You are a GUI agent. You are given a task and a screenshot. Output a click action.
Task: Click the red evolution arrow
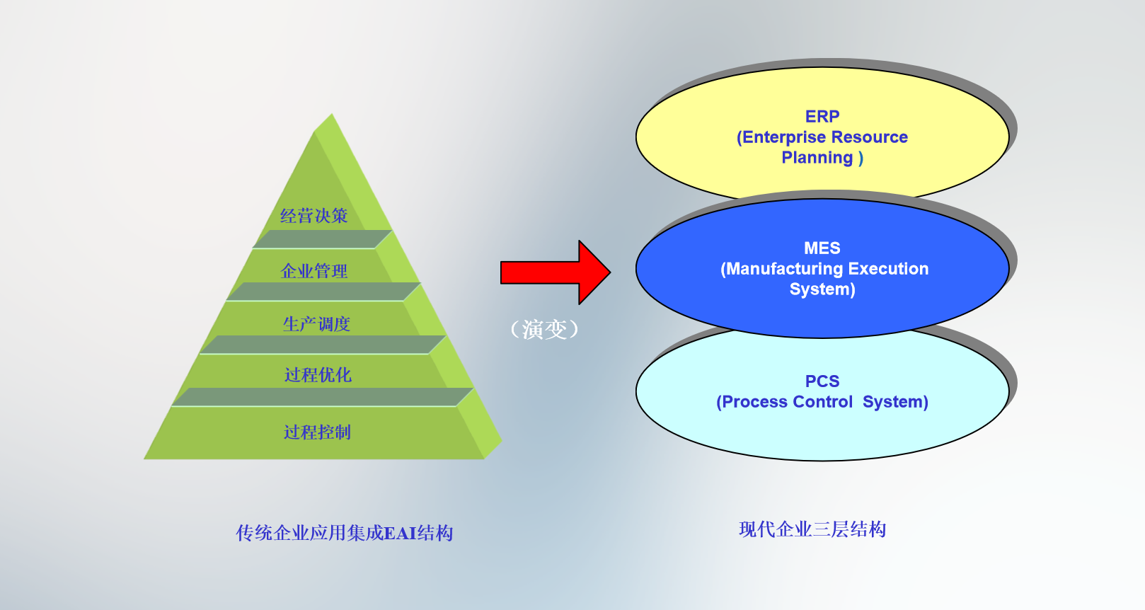(x=556, y=272)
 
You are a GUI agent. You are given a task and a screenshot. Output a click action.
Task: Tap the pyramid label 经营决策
(x=314, y=216)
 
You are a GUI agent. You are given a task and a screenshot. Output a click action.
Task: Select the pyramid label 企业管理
(x=314, y=271)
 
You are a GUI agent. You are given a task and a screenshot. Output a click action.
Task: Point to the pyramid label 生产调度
(x=316, y=324)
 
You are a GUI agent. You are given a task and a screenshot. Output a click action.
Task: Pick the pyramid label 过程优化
(x=318, y=375)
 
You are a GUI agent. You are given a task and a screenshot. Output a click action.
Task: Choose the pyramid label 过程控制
(x=318, y=432)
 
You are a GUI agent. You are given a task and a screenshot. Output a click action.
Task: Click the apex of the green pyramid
(x=332, y=113)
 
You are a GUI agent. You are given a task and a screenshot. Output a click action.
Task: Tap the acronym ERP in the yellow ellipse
(x=822, y=117)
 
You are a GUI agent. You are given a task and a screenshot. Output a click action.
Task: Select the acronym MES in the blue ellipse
(x=822, y=248)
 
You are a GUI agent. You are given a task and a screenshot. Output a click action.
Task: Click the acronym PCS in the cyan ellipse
(x=822, y=381)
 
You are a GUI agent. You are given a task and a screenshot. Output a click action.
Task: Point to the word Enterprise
(x=780, y=137)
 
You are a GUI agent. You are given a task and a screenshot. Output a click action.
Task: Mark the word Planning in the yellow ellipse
(x=817, y=158)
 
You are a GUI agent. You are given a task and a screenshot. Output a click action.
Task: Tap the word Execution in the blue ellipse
(x=888, y=268)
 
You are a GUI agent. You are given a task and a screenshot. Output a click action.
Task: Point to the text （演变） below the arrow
(x=544, y=329)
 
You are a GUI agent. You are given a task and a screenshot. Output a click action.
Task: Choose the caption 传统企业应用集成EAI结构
(x=344, y=533)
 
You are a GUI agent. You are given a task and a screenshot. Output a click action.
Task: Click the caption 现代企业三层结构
(x=812, y=529)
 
